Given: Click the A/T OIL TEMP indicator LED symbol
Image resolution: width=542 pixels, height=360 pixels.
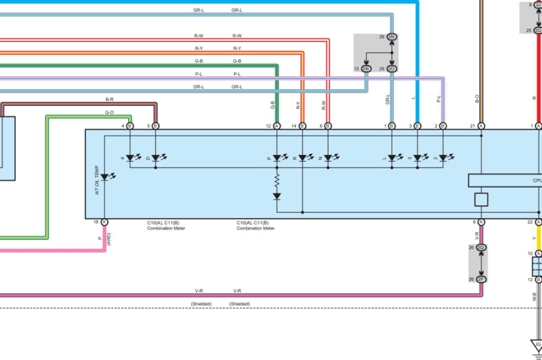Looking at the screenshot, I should tap(105, 177).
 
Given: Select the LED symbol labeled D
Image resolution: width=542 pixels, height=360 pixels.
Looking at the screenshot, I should tap(156, 158).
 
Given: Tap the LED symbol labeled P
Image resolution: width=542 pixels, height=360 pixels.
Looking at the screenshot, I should tap(277, 158).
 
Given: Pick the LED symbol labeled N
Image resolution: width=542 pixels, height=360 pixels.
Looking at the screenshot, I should tap(328, 158).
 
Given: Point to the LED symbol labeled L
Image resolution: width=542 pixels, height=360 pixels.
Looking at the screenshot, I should tap(392, 158).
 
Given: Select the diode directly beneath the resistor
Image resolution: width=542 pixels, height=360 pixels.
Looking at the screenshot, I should tap(277, 196).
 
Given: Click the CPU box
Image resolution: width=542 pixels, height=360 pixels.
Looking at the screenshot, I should tap(505, 181).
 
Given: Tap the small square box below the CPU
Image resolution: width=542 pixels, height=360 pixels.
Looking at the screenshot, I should tap(481, 199).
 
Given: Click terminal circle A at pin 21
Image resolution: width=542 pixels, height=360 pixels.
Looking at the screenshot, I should tap(481, 126).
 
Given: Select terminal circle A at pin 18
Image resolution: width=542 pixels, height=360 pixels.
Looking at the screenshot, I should tap(104, 222).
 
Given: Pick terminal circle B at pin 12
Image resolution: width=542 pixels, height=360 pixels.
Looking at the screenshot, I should tap(277, 126).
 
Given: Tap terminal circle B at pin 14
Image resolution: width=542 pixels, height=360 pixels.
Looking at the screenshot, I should tap(302, 126).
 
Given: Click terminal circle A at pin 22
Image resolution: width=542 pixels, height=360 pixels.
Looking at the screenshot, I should tap(538, 222).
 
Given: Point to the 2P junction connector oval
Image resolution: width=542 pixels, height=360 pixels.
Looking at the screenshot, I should tap(481, 279).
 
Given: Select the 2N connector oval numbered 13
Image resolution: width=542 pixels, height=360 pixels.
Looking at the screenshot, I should tap(366, 69).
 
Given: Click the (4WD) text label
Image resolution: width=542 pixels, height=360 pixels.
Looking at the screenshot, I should tap(109, 239).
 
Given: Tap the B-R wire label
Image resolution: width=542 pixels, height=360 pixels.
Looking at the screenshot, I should tap(110, 100).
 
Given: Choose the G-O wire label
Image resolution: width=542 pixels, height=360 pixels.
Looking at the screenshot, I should tap(110, 112).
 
